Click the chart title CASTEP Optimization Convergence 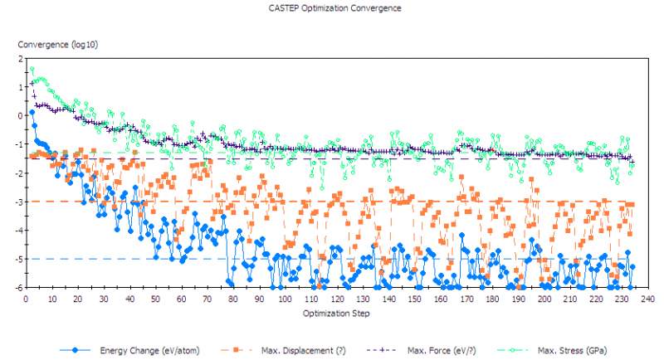[335, 8]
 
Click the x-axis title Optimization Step [335, 314]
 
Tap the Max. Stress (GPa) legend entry [569, 350]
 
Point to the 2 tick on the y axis [20, 58]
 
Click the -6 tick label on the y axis [18, 288]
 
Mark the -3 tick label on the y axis [18, 202]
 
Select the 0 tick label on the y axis [20, 115]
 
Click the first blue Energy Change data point [32, 112]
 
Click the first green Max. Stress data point [32, 69]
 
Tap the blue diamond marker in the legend [76, 350]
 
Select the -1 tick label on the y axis [18, 144]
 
